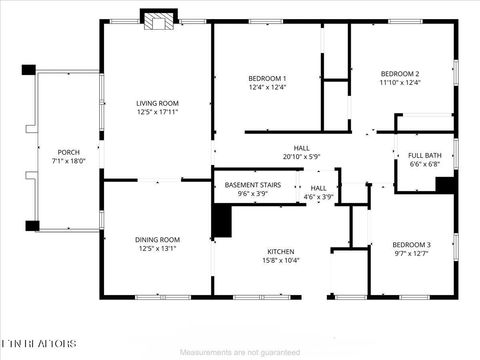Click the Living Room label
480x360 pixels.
tap(157, 103)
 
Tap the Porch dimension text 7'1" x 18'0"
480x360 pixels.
tap(68, 161)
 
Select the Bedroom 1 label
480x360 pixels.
tap(267, 78)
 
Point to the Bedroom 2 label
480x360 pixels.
tap(399, 73)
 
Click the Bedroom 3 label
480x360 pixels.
tap(411, 245)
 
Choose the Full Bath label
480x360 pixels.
tap(425, 155)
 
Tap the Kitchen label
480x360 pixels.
tap(280, 251)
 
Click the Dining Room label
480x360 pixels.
tap(157, 239)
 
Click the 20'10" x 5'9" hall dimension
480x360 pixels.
tap(301, 156)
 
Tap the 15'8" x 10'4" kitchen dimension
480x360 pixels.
tap(280, 261)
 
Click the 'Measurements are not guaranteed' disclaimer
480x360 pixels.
tap(240, 352)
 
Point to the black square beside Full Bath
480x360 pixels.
tap(445, 185)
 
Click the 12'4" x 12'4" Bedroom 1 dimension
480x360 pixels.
tap(267, 87)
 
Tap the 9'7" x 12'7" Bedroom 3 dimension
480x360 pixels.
tap(411, 254)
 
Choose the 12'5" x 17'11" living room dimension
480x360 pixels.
tap(157, 112)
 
